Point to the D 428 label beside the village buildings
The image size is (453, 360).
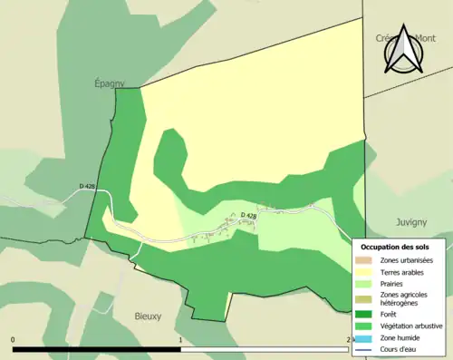coord(249,215)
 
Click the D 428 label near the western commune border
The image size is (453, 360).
coord(88,187)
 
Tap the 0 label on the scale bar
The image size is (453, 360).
coord(13,340)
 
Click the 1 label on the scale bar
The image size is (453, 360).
coord(181,340)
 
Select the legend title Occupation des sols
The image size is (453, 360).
coord(395,247)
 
